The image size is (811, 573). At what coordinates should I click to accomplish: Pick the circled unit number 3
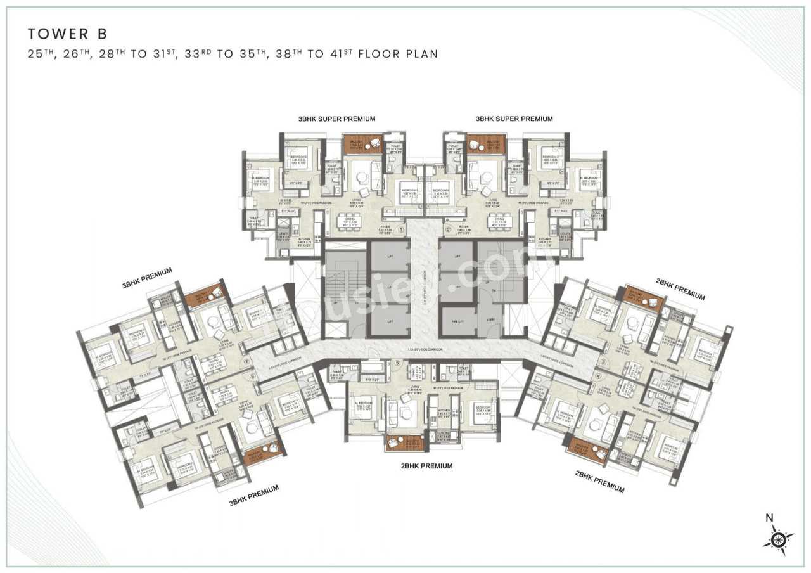(603, 362)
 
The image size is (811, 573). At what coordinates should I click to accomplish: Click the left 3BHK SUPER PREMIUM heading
(337, 119)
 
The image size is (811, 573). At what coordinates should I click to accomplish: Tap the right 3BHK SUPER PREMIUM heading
(514, 119)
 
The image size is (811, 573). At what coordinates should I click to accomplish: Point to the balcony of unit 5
(404, 443)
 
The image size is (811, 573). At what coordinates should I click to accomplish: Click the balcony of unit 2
(485, 144)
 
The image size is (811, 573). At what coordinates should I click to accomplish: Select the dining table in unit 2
(500, 222)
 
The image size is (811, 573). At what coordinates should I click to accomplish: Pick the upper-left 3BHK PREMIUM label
(147, 278)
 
